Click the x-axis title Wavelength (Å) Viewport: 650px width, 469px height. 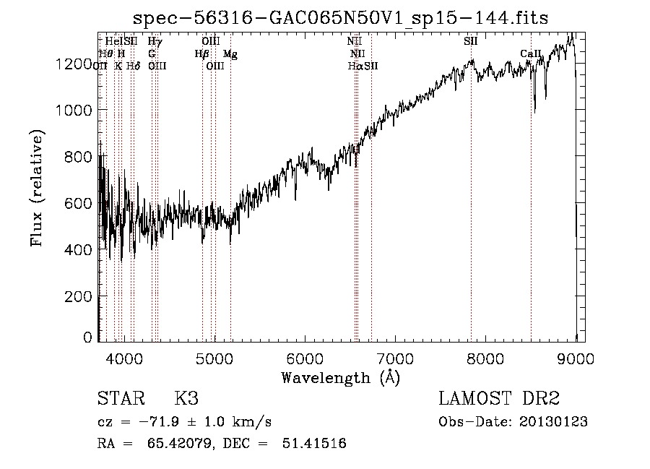[340, 377]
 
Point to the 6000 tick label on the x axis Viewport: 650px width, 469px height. [304, 358]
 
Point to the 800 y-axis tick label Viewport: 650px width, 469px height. [78, 157]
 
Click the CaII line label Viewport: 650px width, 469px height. [531, 53]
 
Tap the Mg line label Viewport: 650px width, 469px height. [230, 53]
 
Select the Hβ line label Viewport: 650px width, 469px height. [201, 53]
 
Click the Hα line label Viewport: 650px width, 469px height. [355, 66]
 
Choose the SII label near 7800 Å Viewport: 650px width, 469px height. [470, 41]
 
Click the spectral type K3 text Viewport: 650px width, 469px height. [186, 399]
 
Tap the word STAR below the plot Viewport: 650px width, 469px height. [118, 399]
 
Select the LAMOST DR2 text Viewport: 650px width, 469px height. [499, 399]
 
